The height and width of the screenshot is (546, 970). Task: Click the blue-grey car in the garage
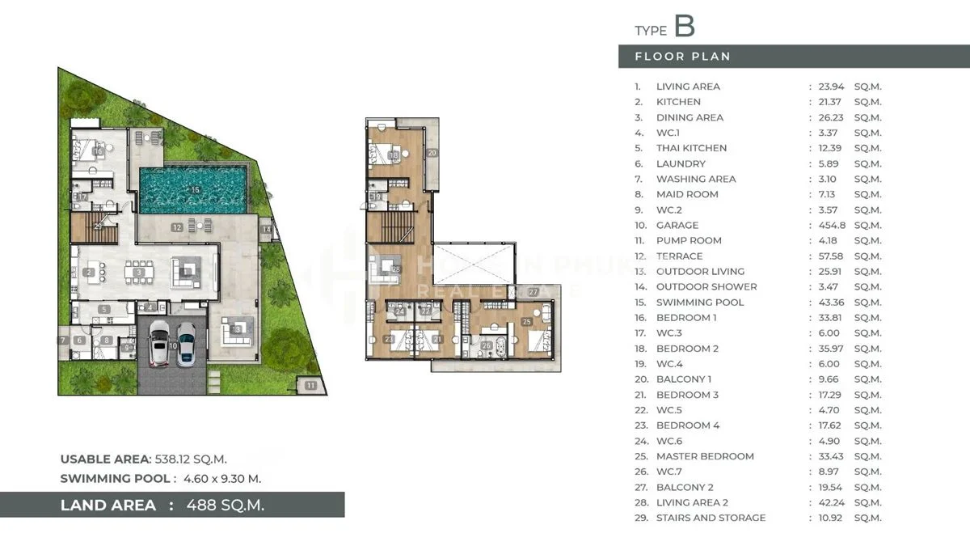pos(186,344)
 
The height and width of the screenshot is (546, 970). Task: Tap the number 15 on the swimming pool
pos(195,190)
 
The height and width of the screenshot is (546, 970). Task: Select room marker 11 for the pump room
pos(311,386)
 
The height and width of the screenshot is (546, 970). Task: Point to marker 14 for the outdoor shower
pos(266,230)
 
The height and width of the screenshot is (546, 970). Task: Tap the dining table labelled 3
pos(140,273)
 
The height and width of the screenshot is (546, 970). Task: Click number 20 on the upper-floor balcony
pos(432,153)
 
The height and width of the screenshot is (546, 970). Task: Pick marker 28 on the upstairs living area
pos(396,269)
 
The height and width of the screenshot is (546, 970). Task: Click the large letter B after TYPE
pos(684,26)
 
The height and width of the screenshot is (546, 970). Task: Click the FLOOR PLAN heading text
pos(682,57)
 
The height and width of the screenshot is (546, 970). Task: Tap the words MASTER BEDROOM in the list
pos(705,456)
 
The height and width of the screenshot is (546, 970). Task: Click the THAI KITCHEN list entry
pos(691,148)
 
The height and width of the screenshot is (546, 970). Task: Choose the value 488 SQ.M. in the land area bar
pos(225,506)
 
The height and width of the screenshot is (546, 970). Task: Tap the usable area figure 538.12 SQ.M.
pos(196,459)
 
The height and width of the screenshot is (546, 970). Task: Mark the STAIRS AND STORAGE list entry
pos(711,518)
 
